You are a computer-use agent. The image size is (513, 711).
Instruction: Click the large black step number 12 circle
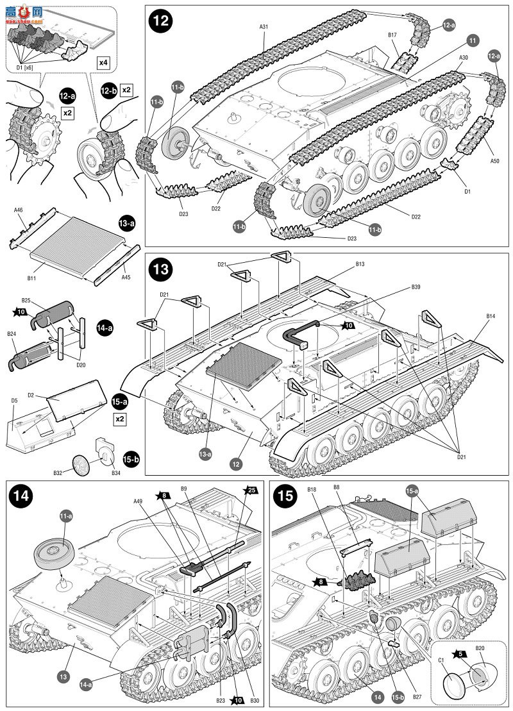tap(161, 21)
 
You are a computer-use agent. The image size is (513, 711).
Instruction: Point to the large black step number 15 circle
tap(283, 496)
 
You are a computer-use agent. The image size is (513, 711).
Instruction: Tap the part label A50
tap(494, 161)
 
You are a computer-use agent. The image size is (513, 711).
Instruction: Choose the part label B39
tap(416, 287)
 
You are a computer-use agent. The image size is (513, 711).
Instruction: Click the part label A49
tap(138, 502)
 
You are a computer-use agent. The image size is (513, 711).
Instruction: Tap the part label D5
tap(14, 401)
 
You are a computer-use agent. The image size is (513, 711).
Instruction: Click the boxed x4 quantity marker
tap(103, 62)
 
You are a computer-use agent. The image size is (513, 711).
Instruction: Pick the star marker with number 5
tap(458, 654)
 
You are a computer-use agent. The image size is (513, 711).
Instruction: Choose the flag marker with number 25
tap(251, 490)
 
